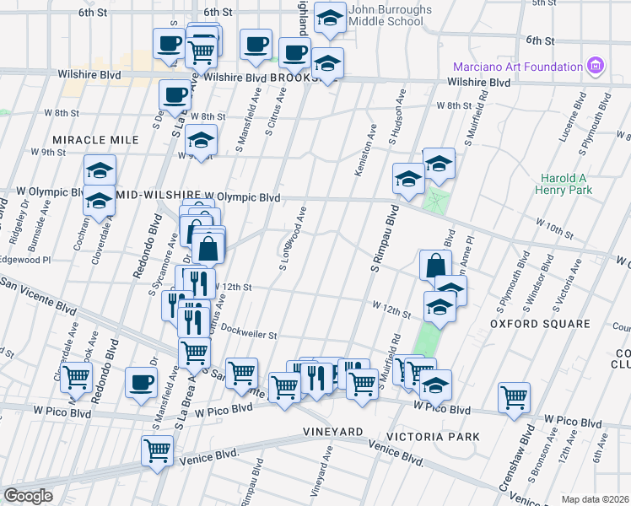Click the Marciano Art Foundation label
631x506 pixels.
(x=518, y=67)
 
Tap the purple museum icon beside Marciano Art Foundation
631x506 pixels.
(x=596, y=66)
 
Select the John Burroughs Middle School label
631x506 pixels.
(x=390, y=14)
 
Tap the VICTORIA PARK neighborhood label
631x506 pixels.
(x=431, y=437)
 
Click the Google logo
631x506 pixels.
(x=28, y=496)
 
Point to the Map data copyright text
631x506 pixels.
(x=596, y=499)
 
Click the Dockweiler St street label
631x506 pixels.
(x=247, y=335)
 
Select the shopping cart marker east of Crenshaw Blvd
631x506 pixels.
(x=514, y=396)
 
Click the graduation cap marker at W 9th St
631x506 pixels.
(x=201, y=139)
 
